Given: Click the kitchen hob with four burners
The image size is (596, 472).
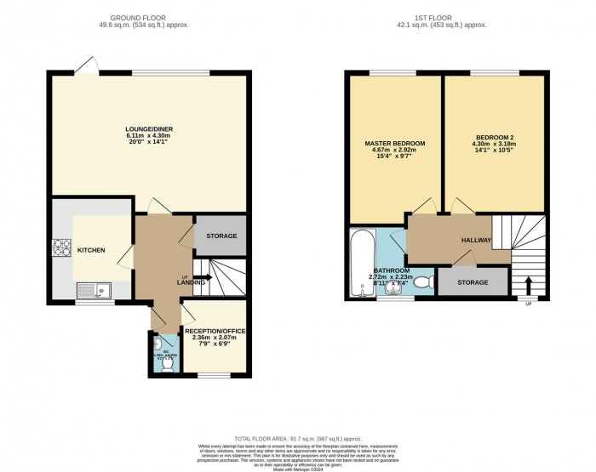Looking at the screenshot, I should pos(61,248).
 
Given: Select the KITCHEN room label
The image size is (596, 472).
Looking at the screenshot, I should pos(91,252).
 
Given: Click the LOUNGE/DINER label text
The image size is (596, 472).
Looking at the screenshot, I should pos(149,128).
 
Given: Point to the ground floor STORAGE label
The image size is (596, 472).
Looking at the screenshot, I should pos(221,236).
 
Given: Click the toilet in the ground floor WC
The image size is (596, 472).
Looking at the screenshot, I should pos(167,363).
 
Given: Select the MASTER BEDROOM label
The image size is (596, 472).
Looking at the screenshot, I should pos(394,142).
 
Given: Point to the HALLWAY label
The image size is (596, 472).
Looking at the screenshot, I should pos(477,241).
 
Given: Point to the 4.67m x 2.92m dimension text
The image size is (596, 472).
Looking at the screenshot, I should pos(394,150).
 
